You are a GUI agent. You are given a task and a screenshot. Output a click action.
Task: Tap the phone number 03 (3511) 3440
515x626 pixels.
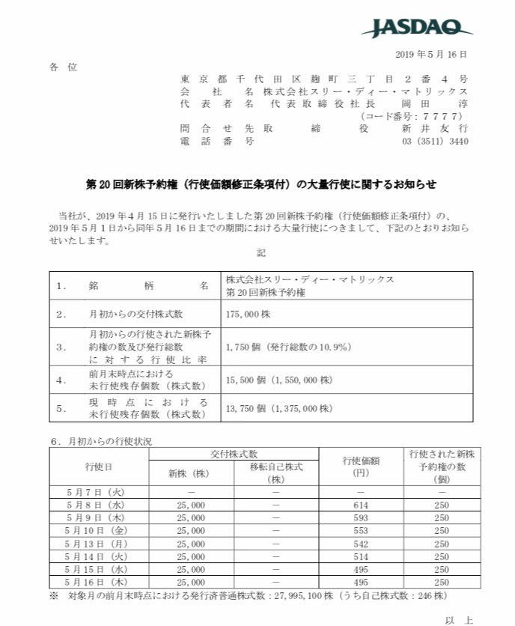point(436,141)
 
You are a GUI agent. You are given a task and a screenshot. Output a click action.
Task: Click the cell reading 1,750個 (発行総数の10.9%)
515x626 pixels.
point(278,347)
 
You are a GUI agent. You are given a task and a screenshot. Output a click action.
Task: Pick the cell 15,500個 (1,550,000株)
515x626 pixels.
point(278,380)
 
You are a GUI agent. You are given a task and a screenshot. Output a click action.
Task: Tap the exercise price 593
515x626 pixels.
point(361,517)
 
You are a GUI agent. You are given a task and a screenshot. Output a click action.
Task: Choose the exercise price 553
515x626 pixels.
point(361,530)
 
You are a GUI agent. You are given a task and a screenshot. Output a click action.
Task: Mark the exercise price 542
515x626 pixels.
point(361,544)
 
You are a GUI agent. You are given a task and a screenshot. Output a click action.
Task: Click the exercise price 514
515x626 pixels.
point(361,556)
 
